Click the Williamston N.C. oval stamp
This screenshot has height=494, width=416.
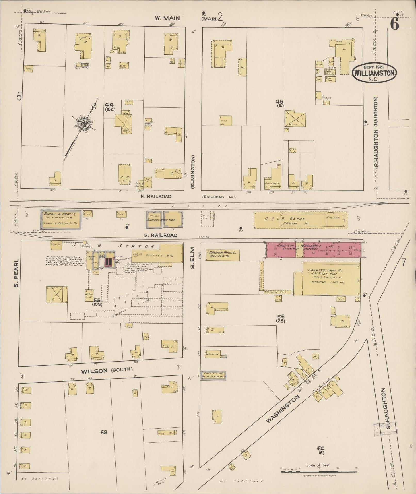(374, 73)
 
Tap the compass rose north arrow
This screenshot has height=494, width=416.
(84, 124)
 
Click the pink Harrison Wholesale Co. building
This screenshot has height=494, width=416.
(313, 250)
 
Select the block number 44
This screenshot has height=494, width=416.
(109, 105)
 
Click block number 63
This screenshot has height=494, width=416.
(104, 432)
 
